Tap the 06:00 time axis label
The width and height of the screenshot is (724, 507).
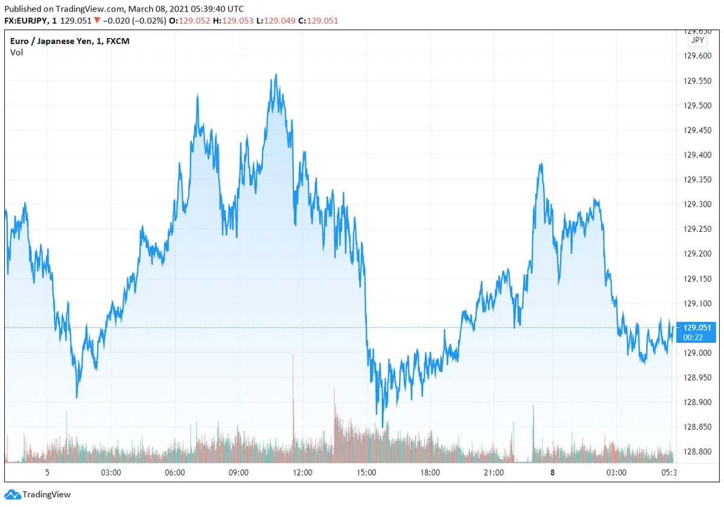coord(174,473)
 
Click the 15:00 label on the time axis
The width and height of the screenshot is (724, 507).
coord(366,473)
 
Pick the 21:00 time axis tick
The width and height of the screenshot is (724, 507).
coord(494,473)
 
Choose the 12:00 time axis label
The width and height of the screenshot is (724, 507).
coord(302,473)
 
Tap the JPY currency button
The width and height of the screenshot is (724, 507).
coord(697,40)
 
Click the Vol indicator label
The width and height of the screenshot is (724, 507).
coord(16,53)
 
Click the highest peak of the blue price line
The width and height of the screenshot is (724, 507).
coord(276,75)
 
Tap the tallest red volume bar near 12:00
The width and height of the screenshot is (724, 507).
coord(293,356)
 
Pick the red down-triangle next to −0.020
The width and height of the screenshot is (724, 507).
coord(97,21)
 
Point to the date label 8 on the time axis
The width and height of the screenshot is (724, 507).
coord(552,473)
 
